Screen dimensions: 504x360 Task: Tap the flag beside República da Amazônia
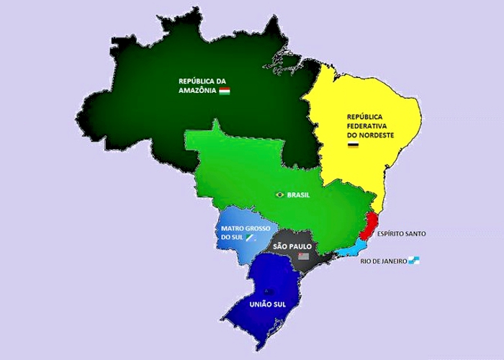[x=225, y=91]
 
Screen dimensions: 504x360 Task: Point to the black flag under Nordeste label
[x=353, y=146]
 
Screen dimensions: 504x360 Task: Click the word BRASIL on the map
[x=298, y=195]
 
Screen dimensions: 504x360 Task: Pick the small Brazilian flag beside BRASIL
[x=279, y=194]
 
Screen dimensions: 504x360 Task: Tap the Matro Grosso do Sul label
[x=242, y=233]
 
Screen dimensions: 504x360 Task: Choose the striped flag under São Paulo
[x=303, y=256]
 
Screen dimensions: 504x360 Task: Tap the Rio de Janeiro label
[x=383, y=261]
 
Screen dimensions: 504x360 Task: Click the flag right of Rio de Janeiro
[x=413, y=261]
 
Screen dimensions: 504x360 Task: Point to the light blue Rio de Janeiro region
[x=353, y=249]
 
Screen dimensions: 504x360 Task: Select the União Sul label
[x=267, y=305]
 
